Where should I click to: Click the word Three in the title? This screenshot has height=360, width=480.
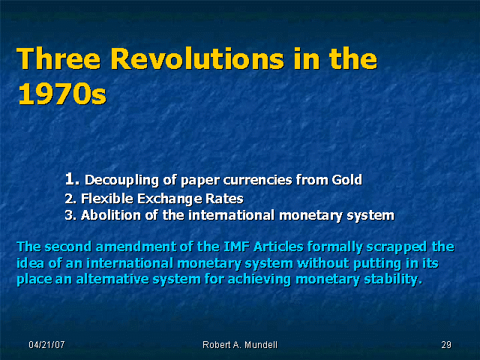click(x=58, y=58)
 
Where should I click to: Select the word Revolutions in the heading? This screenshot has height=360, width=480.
click(x=196, y=58)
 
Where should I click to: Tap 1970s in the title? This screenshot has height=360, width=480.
click(x=62, y=94)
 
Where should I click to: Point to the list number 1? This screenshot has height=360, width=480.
click(x=72, y=178)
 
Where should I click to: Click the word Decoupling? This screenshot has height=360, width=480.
click(x=121, y=180)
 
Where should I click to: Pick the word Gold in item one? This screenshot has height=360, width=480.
click(x=347, y=180)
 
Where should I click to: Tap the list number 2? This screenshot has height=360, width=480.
click(x=70, y=199)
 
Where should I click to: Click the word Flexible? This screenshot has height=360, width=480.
click(x=107, y=199)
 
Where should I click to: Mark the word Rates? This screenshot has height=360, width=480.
click(x=224, y=199)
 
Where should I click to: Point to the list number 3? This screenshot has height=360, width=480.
click(x=70, y=215)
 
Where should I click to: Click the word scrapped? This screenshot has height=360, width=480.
click(x=397, y=247)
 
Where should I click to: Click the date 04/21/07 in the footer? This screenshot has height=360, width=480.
click(x=46, y=345)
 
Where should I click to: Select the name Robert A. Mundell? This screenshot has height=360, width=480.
click(x=240, y=345)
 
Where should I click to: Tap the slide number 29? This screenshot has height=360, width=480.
click(x=446, y=345)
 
